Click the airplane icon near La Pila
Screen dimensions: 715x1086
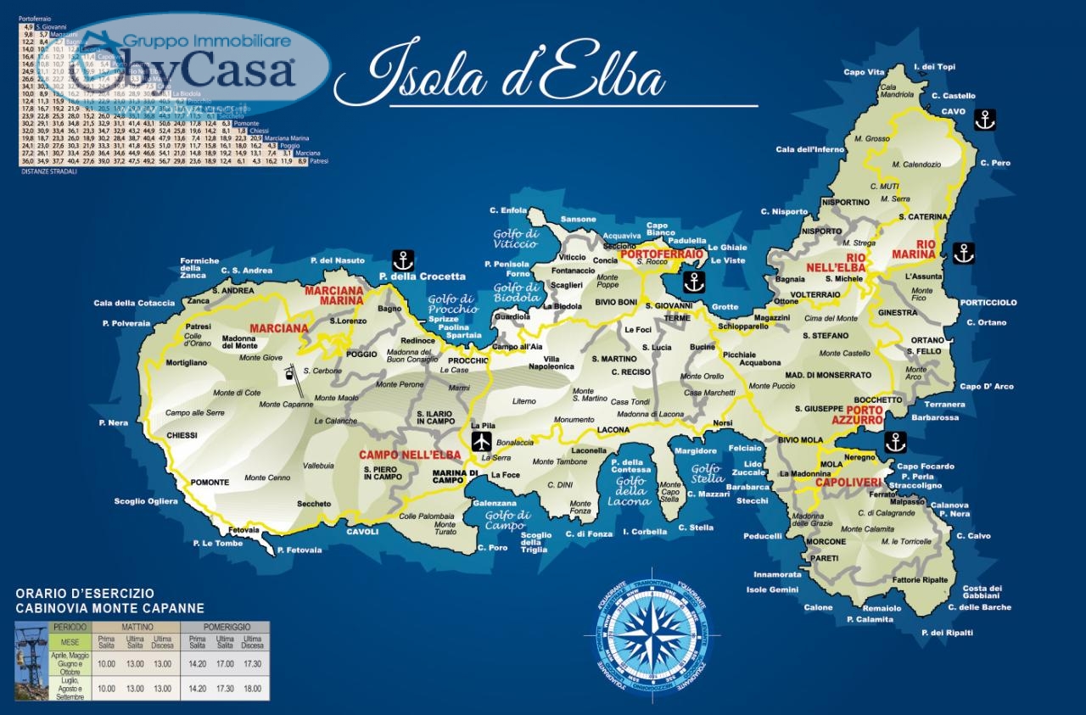[481, 441]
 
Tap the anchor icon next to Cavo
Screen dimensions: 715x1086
[984, 120]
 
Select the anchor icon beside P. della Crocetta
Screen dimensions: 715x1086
[402, 260]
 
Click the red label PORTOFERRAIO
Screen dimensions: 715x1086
[661, 254]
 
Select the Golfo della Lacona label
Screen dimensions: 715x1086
[630, 491]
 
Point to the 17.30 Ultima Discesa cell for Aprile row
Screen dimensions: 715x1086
[252, 664]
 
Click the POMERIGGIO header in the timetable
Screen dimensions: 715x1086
[224, 627]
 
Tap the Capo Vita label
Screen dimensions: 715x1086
[865, 72]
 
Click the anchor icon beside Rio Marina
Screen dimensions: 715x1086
[963, 252]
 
